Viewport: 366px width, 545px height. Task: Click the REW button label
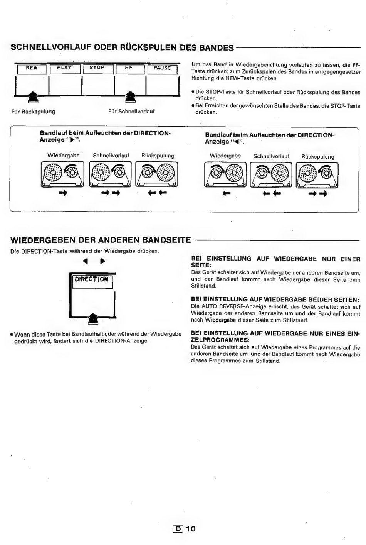tap(32, 68)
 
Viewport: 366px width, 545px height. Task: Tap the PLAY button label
tap(64, 68)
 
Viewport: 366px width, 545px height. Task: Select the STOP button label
tap(97, 68)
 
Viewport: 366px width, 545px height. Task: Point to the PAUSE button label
tap(162, 68)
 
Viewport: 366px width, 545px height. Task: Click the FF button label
tap(129, 68)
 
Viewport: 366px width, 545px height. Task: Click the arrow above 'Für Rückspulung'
tap(32, 97)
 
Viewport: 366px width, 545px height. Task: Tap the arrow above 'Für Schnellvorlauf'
tap(131, 97)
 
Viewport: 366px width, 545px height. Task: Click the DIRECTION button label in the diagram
tap(92, 279)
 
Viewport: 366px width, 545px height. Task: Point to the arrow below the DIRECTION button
tap(93, 319)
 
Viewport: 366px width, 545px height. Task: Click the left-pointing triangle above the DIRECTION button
tap(85, 261)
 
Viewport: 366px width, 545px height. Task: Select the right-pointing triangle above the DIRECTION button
tap(103, 261)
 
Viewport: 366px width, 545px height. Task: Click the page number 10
tap(191, 529)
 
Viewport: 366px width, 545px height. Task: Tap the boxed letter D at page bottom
tap(178, 529)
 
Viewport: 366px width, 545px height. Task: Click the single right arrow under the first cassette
tap(63, 193)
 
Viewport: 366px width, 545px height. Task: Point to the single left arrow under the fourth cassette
tap(227, 194)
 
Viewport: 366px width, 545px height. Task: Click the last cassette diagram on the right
tap(317, 175)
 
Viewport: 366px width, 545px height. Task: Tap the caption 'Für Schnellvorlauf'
tap(131, 112)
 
